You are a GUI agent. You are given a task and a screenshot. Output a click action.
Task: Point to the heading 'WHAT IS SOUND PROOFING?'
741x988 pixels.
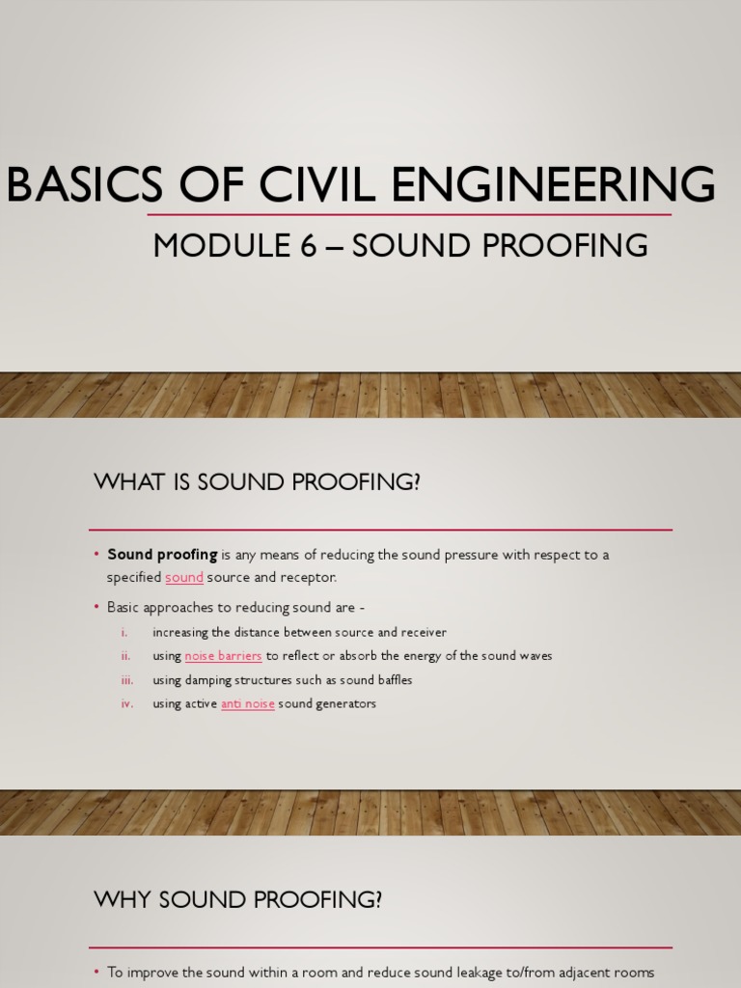pyautogui.click(x=257, y=482)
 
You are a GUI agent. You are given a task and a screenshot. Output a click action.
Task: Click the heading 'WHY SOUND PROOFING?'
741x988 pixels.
pyautogui.click(x=238, y=899)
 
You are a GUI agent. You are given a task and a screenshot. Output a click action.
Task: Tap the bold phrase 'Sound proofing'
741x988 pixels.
pyautogui.click(x=162, y=555)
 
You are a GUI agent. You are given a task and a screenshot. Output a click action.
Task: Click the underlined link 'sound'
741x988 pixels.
pyautogui.click(x=184, y=577)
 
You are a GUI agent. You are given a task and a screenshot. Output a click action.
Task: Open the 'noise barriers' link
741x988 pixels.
pyautogui.click(x=223, y=656)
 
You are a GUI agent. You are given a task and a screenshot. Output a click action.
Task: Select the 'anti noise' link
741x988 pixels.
pyautogui.click(x=248, y=703)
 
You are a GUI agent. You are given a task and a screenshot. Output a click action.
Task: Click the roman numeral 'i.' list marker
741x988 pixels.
pyautogui.click(x=124, y=632)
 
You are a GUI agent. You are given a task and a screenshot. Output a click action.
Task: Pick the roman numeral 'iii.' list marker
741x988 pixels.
pyautogui.click(x=126, y=680)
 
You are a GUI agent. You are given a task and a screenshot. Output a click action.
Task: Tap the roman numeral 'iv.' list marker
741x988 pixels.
pyautogui.click(x=126, y=703)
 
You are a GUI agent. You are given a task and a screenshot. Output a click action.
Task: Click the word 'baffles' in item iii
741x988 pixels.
pyautogui.click(x=394, y=680)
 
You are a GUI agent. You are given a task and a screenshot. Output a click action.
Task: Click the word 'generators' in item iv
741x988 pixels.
pyautogui.click(x=345, y=703)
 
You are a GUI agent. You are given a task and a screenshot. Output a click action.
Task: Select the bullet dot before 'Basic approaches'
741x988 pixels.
pyautogui.click(x=97, y=607)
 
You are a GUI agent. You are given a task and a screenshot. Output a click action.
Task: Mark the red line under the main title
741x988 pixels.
pyautogui.click(x=409, y=215)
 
